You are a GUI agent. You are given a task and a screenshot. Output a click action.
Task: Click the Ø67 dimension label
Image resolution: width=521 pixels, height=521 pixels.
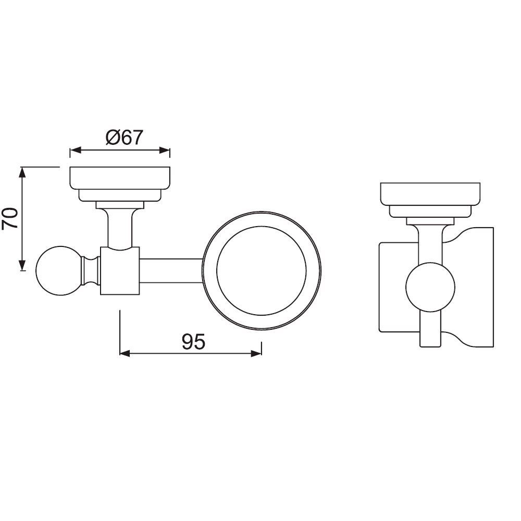click(124, 138)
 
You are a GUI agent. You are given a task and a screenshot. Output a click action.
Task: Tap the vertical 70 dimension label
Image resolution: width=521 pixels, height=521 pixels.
click(10, 219)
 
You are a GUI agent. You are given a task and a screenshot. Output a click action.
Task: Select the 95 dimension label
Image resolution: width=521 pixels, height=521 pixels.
click(194, 342)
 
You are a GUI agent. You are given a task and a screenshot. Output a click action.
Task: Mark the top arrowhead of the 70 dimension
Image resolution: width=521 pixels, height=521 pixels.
click(22, 171)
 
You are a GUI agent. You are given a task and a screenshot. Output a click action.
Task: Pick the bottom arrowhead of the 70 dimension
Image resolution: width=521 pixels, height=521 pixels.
click(22, 266)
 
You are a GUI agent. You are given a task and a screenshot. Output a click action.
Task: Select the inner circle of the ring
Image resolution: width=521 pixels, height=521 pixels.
click(262, 270)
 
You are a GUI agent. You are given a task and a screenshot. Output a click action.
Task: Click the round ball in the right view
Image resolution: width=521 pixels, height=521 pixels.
click(430, 288)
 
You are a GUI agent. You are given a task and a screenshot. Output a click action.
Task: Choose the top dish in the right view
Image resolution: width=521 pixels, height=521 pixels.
click(430, 194)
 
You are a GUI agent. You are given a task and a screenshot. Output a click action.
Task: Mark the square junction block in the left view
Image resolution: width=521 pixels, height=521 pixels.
click(120, 271)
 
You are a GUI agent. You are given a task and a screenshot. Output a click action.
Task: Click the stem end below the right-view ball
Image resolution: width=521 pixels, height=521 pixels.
click(430, 331)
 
